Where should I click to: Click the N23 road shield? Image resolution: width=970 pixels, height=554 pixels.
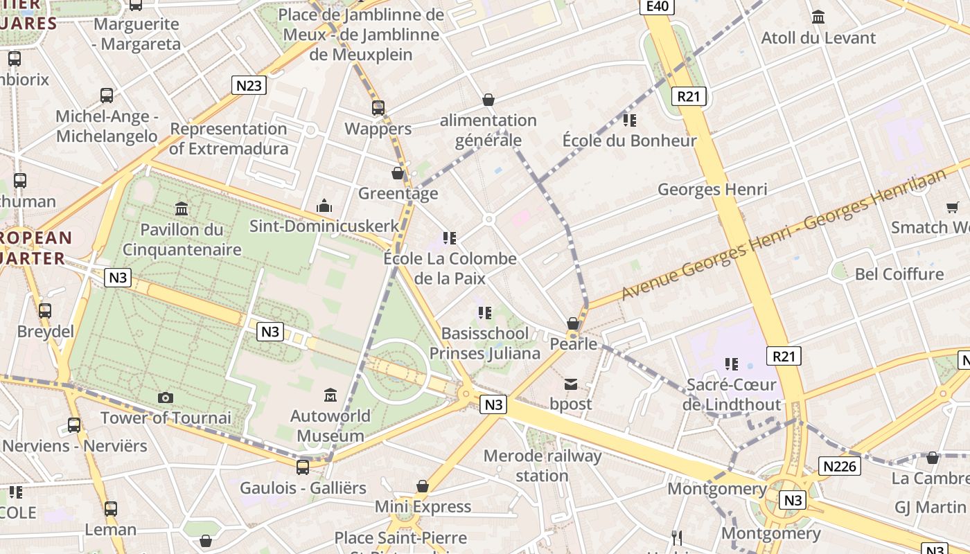coord(249,85)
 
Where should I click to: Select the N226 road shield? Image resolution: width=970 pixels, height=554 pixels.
coord(839,466)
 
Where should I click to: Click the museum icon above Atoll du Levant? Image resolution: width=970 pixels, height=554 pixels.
coord(818,17)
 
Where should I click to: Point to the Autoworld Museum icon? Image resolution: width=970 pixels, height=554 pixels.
coord(330,395)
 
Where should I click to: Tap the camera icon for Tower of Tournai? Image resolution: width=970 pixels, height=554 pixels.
coord(165,397)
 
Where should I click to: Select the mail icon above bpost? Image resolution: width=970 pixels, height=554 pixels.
coord(571,384)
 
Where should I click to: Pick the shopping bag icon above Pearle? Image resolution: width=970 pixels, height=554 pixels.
coord(573,323)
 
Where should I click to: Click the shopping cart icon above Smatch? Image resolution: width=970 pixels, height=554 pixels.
coord(953,206)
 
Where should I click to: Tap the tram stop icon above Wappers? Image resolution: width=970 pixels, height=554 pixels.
coord(378,108)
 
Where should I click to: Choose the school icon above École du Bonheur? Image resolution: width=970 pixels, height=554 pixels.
coord(629,120)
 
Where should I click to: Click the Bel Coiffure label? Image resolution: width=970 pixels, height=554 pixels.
coord(899,274)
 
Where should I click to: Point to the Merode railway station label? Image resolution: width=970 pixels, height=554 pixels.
coord(543,465)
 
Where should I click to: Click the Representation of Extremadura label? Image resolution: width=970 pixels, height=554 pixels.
coord(229,138)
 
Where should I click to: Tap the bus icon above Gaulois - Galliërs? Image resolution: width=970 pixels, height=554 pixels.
coord(303,467)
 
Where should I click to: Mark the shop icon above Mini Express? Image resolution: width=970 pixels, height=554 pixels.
coord(423,486)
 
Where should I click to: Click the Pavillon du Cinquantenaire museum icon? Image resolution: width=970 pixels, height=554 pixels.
coord(182,208)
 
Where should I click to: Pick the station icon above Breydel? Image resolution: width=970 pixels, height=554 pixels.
coord(45,311)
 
